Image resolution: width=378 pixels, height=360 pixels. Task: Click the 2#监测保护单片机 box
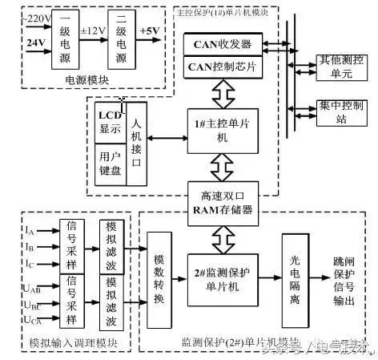[222, 278]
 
